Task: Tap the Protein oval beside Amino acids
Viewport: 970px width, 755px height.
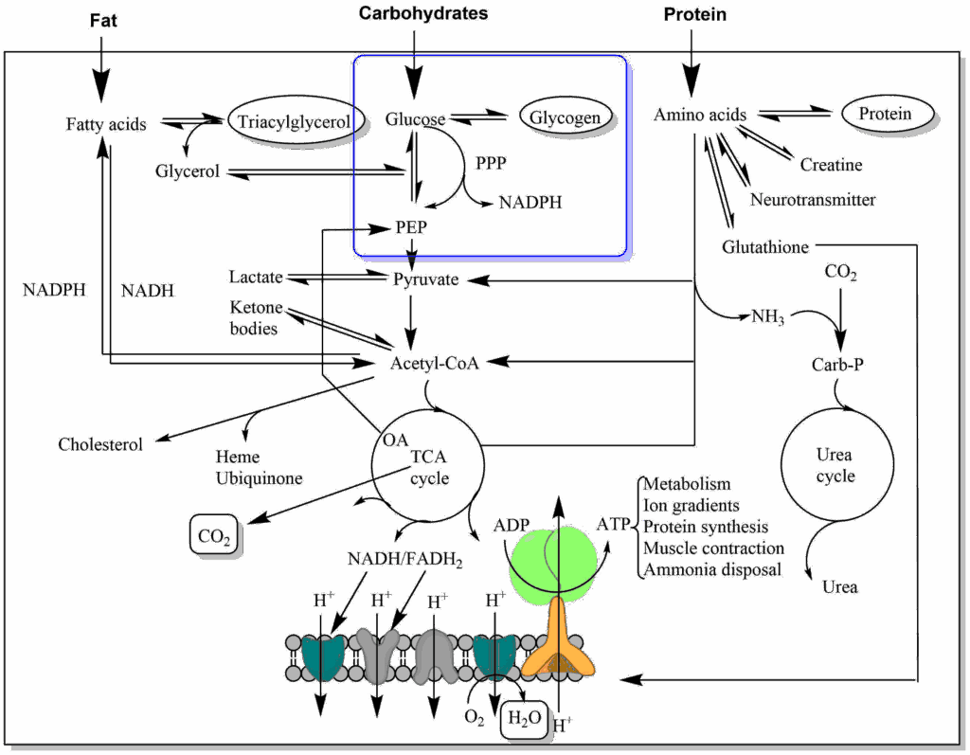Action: tap(887, 115)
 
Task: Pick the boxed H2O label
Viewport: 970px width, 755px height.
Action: tap(526, 717)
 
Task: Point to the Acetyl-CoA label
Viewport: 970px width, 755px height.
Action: tap(434, 363)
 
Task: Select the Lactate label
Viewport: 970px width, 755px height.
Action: tap(256, 277)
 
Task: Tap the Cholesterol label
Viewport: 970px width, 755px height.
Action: tap(100, 443)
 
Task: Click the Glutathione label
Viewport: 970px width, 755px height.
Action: tap(765, 246)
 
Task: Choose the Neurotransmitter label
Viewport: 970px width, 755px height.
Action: tap(813, 200)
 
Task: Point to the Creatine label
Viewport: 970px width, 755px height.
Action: tap(831, 165)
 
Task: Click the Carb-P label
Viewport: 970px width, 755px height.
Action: tap(835, 364)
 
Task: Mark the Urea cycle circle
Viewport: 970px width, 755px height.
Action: tap(835, 464)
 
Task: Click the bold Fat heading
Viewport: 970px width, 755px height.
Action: tap(103, 20)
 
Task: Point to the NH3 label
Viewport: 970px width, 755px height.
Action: tap(767, 316)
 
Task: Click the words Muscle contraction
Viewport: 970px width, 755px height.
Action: tap(713, 548)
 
